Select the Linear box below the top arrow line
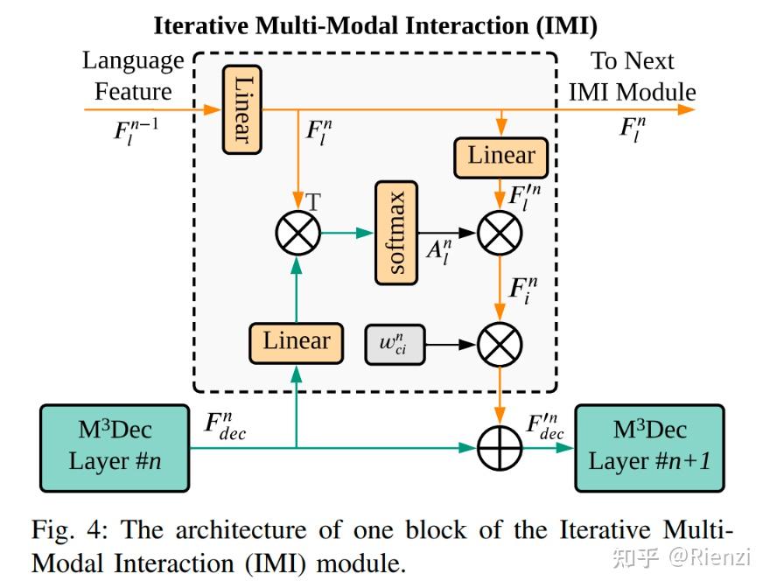pyautogui.click(x=501, y=157)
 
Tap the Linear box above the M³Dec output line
pyautogui.click(x=297, y=340)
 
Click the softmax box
pyautogui.click(x=396, y=233)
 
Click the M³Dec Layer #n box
pyautogui.click(x=115, y=446)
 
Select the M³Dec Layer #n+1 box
pyautogui.click(x=648, y=446)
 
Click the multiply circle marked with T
pyautogui.click(x=297, y=233)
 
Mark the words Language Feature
pyautogui.click(x=133, y=76)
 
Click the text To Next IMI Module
pyautogui.click(x=632, y=76)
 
